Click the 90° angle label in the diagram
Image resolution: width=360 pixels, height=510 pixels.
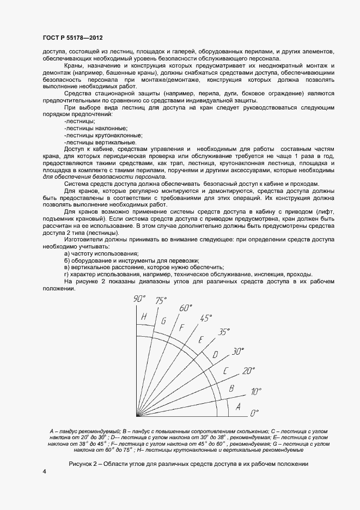pos(141,298)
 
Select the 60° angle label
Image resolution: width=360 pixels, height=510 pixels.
pos(187,307)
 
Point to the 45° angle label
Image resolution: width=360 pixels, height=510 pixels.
pos(206,318)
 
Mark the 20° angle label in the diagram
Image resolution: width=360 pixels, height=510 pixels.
pos(248,371)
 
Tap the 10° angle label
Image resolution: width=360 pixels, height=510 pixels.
pos(256,392)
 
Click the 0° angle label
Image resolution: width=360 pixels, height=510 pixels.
pos(254,414)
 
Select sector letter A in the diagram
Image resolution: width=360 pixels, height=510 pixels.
pos(237,406)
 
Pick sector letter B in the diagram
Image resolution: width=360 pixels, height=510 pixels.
pos(231,388)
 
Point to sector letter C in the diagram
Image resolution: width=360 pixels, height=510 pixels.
pos(225,372)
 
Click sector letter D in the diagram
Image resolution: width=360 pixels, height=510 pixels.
pos(215,355)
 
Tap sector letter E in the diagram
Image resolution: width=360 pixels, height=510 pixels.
pos(200,340)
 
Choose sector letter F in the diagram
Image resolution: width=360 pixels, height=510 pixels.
pos(182,327)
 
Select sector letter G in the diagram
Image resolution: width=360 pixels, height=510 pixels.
pos(163,320)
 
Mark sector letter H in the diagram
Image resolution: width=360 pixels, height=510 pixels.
pos(144,317)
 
